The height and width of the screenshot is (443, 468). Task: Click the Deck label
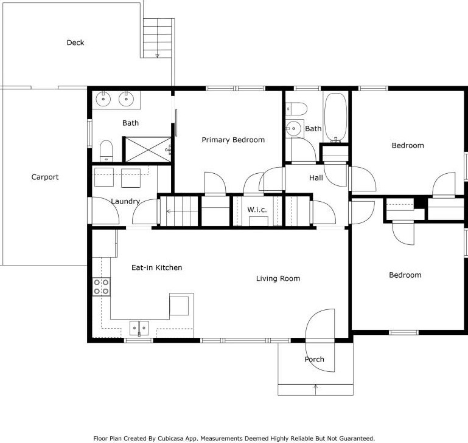pyautogui.click(x=75, y=43)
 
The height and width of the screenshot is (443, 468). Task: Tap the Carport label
pyautogui.click(x=45, y=177)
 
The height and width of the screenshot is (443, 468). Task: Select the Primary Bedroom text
pyautogui.click(x=233, y=140)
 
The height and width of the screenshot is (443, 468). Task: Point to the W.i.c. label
pyautogui.click(x=254, y=210)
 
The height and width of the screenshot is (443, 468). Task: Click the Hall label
pyautogui.click(x=316, y=178)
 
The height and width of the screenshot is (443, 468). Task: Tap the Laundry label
pyautogui.click(x=125, y=201)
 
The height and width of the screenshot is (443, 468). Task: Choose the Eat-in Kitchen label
pyautogui.click(x=156, y=267)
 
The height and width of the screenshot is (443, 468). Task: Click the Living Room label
pyautogui.click(x=278, y=278)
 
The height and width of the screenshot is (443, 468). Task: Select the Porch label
pyautogui.click(x=315, y=359)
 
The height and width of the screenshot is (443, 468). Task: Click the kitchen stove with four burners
pyautogui.click(x=101, y=286)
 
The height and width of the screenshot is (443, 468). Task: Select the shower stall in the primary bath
pyautogui.click(x=147, y=149)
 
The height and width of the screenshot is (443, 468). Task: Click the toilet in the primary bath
pyautogui.click(x=107, y=151)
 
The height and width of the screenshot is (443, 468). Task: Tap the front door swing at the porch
pyautogui.click(x=320, y=326)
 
